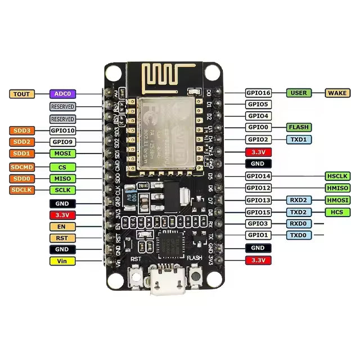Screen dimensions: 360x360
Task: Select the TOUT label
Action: tap(22, 94)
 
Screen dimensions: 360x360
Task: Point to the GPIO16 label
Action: tap(259, 93)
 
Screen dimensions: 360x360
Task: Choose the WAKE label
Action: tap(337, 93)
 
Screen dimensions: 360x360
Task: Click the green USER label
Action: tap(299, 93)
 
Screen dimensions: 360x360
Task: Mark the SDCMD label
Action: tap(22, 167)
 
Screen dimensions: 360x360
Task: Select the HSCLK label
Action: tap(337, 176)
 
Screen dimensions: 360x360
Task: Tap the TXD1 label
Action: tap(299, 139)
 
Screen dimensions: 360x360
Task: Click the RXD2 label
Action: tap(299, 200)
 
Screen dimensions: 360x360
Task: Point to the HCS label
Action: tap(337, 212)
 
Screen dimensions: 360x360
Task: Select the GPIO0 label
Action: tap(259, 128)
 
